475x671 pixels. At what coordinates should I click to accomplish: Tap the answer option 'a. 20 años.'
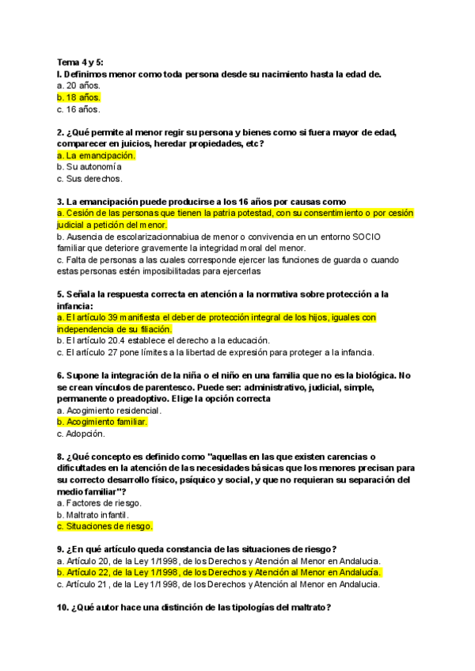coord(78,85)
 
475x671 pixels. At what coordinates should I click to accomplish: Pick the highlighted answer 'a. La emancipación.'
coord(96,156)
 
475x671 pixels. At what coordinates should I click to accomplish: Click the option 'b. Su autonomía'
coord(89,168)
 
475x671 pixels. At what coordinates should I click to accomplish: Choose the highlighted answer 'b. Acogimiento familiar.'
coord(102,422)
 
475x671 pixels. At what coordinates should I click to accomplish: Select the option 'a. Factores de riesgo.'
coord(99,503)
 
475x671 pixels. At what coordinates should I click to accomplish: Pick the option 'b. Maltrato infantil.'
coord(93,514)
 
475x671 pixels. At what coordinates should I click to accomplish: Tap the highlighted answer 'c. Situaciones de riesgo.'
coord(104,526)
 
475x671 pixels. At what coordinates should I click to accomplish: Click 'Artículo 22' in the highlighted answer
coord(89,573)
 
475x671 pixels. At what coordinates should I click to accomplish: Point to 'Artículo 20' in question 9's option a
coord(89,561)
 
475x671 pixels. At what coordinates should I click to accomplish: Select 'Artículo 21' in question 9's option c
coord(89,585)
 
